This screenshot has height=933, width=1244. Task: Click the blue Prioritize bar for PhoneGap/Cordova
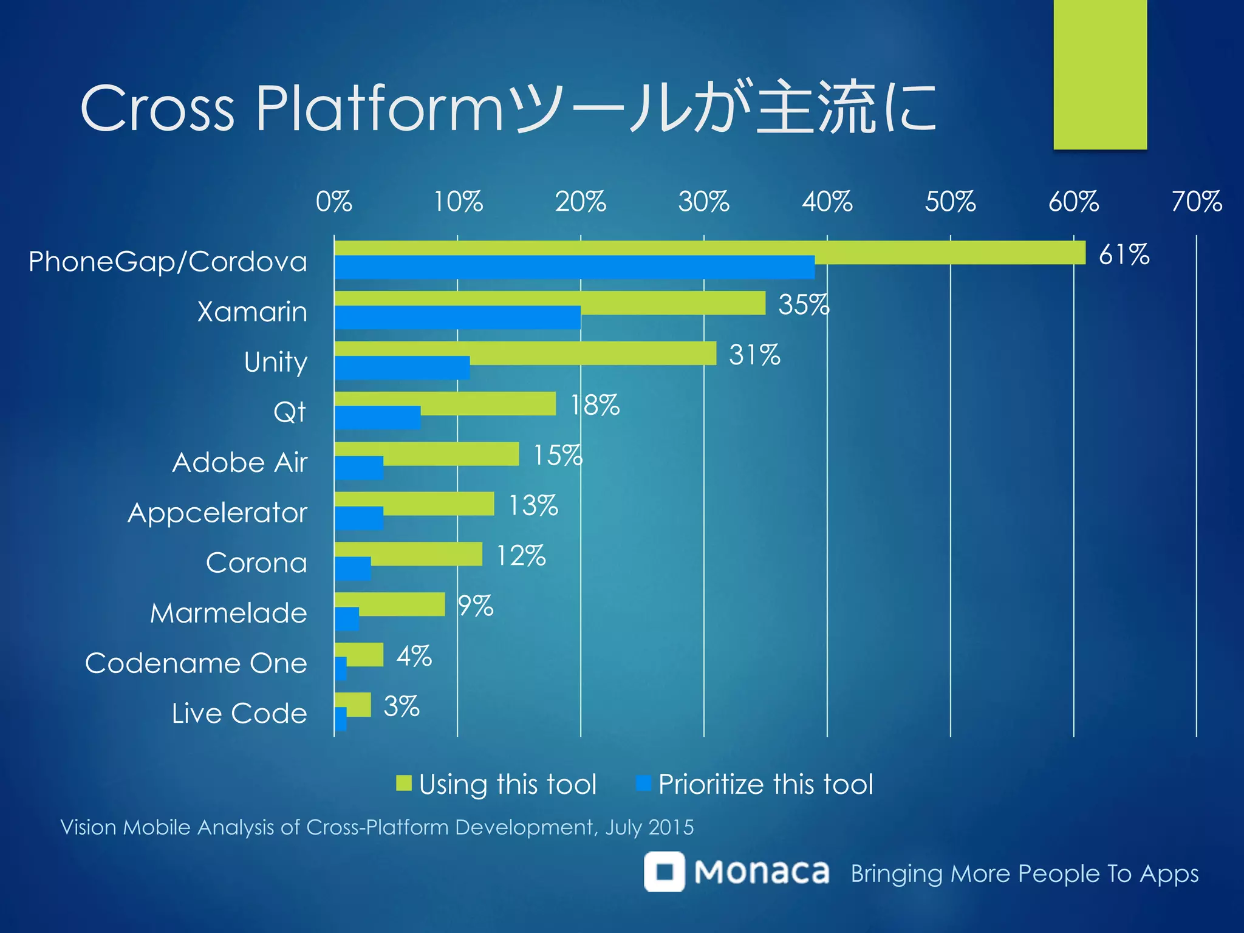pyautogui.click(x=574, y=268)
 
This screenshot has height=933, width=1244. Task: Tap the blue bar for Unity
pyautogui.click(x=402, y=368)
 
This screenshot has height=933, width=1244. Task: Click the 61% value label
pyautogui.click(x=1124, y=255)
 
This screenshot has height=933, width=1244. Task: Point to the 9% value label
pyautogui.click(x=475, y=606)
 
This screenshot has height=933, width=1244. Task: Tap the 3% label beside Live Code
pyautogui.click(x=402, y=706)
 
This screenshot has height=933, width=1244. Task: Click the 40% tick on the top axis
pyautogui.click(x=827, y=202)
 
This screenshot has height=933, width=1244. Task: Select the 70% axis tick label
pyautogui.click(x=1196, y=202)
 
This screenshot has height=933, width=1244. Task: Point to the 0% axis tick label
pyautogui.click(x=333, y=202)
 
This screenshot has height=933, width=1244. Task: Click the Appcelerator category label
pyautogui.click(x=217, y=513)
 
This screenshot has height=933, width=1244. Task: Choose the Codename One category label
pyautogui.click(x=196, y=663)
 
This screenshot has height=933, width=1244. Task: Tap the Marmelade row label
pyautogui.click(x=228, y=613)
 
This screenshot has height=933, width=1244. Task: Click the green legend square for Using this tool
pyautogui.click(x=404, y=783)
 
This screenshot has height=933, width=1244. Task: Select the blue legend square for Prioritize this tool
pyautogui.click(x=643, y=783)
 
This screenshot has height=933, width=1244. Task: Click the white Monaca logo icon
pyautogui.click(x=665, y=872)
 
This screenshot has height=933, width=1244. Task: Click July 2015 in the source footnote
pyautogui.click(x=649, y=827)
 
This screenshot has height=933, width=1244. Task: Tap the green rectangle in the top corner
pyautogui.click(x=1100, y=74)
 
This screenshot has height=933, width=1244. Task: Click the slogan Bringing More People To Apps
pyautogui.click(x=1024, y=874)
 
